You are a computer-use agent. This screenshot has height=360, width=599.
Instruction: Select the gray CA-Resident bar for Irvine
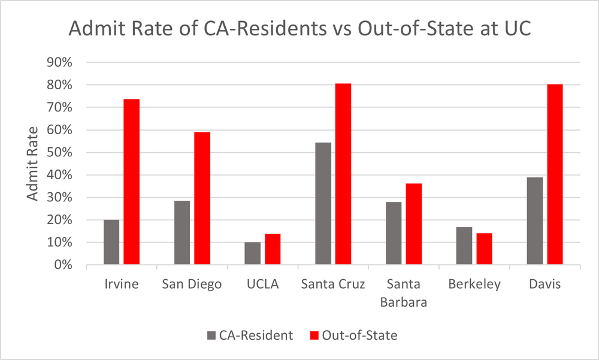click(x=111, y=242)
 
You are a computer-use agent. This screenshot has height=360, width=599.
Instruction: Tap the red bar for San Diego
click(x=202, y=198)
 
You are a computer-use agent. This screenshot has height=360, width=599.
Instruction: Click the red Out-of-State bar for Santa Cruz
click(x=343, y=174)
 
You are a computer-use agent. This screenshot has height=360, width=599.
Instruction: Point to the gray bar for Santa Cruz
click(x=323, y=203)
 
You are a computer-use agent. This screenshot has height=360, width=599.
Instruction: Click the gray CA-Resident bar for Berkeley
click(x=464, y=246)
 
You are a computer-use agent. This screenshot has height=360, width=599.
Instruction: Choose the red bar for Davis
click(x=555, y=174)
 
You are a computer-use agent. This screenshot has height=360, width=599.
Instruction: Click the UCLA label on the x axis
click(x=263, y=284)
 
